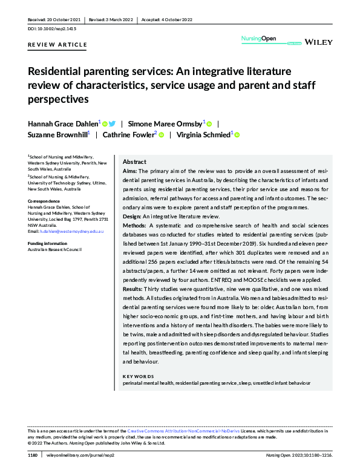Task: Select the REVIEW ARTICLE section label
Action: pyautogui.click(x=57, y=45)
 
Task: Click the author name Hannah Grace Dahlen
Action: pyautogui.click(x=64, y=123)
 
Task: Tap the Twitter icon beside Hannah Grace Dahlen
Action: pyautogui.click(x=112, y=123)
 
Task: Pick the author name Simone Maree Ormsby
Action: pyautogui.click(x=169, y=123)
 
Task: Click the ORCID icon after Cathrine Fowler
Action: pyautogui.click(x=161, y=135)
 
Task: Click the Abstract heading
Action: pyautogui.click(x=134, y=162)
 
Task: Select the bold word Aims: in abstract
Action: pyautogui.click(x=131, y=172)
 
